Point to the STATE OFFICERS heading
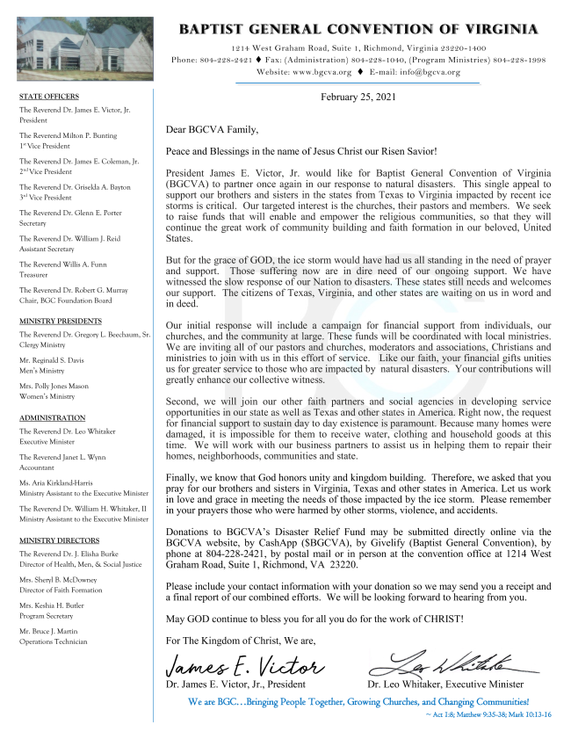coord(49,97)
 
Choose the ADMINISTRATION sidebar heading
coord(52,418)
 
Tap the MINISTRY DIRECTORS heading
coord(59,540)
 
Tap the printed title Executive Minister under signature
coord(482,684)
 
